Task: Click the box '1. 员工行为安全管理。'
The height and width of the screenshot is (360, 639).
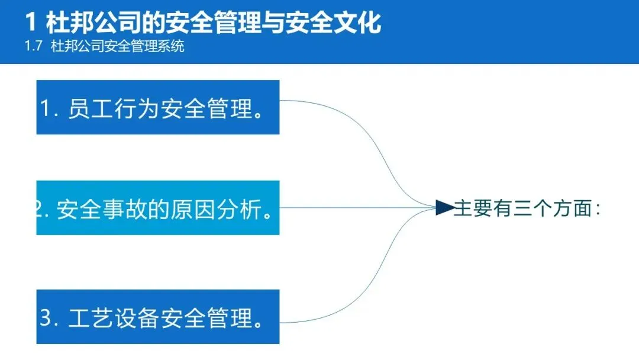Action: click(x=157, y=107)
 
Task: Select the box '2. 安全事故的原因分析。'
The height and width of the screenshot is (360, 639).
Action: click(x=157, y=208)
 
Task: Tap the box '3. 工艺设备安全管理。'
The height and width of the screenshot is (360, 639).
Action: click(x=157, y=317)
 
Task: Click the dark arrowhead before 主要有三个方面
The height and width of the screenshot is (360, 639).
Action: click(x=444, y=207)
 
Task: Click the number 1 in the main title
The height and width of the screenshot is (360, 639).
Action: click(x=32, y=22)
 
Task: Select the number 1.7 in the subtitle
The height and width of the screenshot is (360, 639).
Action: click(x=33, y=46)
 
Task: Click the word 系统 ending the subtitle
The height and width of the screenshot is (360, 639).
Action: click(x=172, y=46)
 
